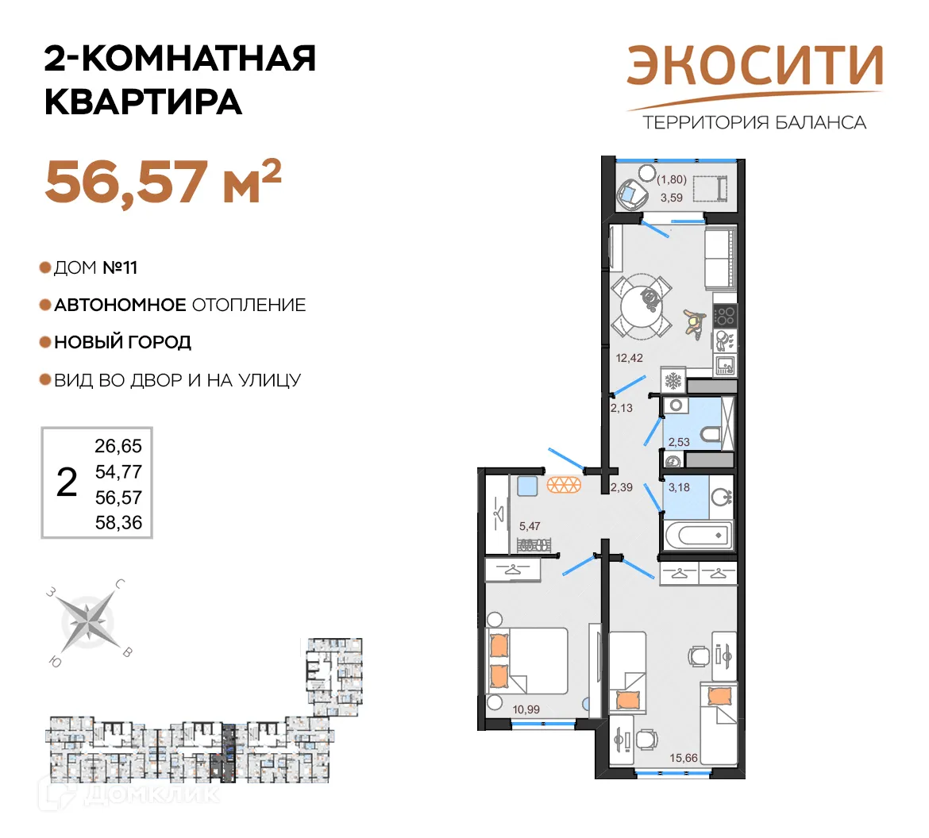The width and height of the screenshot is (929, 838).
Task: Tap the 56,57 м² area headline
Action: (163, 182)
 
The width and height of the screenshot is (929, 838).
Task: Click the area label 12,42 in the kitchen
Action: (630, 358)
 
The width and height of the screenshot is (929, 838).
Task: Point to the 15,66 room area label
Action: (684, 758)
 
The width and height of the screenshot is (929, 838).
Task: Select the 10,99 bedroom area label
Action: (526, 709)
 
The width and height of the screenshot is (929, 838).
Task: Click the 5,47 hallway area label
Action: (530, 525)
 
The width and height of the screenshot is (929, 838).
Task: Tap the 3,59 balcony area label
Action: (672, 198)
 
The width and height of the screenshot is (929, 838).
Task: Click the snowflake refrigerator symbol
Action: (673, 381)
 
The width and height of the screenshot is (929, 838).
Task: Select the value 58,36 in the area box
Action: (118, 523)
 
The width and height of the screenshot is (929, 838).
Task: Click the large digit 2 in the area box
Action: (67, 482)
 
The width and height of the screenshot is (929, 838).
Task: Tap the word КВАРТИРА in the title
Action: (143, 102)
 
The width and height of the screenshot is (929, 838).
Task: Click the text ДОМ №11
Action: (95, 268)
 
